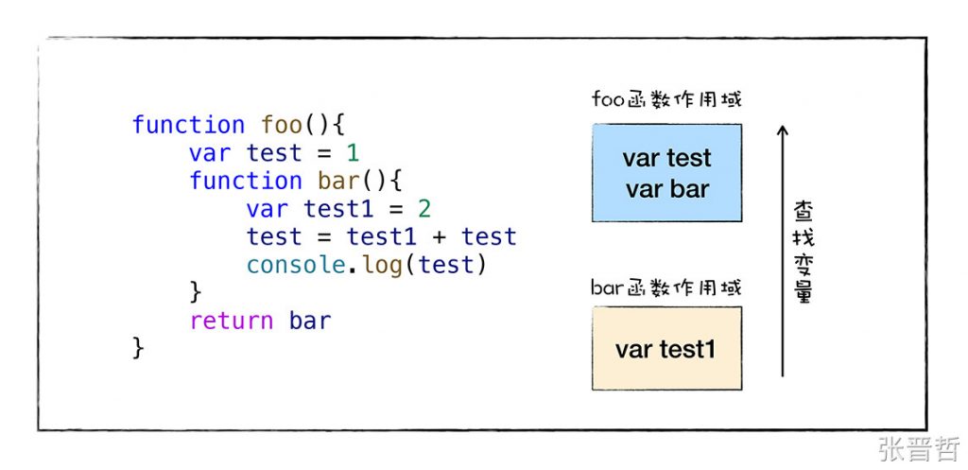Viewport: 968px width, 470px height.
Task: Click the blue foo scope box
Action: [666, 173]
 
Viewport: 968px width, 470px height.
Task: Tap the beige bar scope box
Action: [666, 348]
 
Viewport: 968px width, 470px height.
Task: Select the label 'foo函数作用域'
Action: [666, 99]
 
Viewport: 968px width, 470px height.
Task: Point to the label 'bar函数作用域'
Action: [666, 287]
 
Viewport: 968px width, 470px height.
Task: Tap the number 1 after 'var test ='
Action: [353, 153]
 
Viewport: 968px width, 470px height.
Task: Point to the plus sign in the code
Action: [439, 237]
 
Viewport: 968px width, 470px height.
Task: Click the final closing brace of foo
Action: [138, 348]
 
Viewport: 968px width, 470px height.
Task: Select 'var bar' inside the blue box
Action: [666, 189]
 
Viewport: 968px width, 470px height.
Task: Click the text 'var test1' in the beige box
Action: [665, 350]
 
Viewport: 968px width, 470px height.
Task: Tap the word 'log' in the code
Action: [382, 265]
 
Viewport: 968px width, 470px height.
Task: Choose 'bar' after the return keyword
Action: [310, 321]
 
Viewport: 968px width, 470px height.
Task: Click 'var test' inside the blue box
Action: [666, 158]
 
